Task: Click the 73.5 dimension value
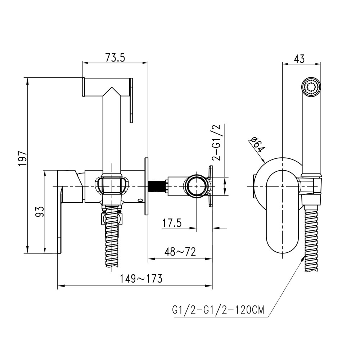click(115, 58)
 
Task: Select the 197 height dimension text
click(23, 158)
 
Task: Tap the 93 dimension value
click(40, 212)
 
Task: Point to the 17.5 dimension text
click(172, 223)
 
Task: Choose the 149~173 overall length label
click(141, 278)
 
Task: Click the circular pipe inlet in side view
click(197, 186)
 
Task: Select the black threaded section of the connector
click(157, 186)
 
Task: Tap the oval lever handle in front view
click(282, 212)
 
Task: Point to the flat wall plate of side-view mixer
click(147, 186)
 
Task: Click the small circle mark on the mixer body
click(140, 201)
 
